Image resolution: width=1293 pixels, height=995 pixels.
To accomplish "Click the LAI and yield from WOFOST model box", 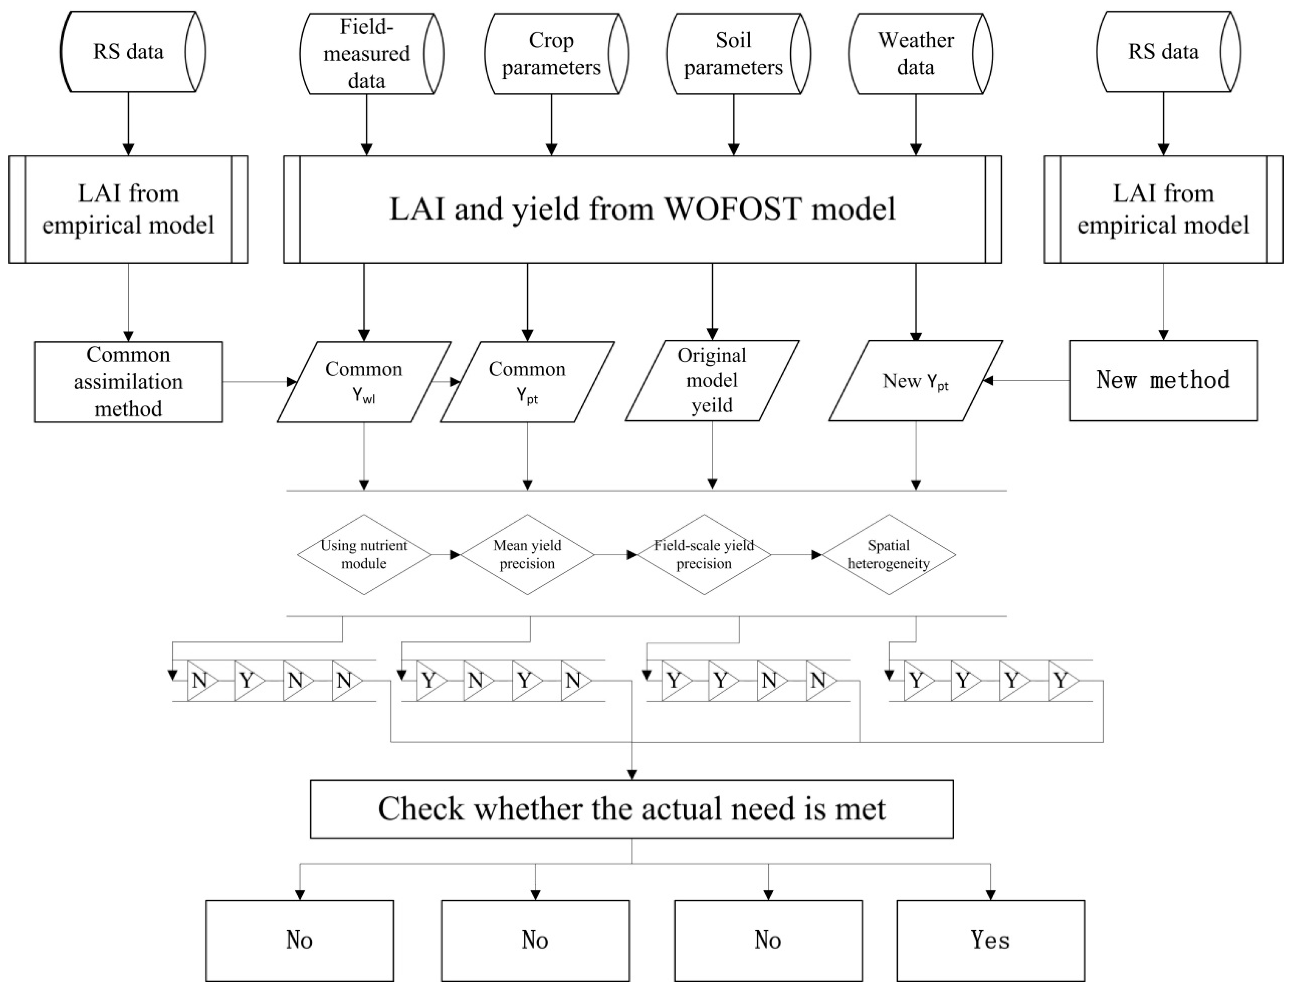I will click(x=642, y=209).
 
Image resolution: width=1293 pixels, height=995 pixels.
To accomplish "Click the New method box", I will click(x=1163, y=380).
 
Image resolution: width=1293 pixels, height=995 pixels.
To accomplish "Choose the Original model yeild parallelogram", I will click(x=712, y=380).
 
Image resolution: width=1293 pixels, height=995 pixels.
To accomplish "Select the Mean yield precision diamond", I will click(x=527, y=555).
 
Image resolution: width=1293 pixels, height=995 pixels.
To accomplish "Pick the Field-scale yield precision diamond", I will click(x=704, y=555).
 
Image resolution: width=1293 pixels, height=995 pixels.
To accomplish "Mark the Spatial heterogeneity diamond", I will click(x=888, y=555).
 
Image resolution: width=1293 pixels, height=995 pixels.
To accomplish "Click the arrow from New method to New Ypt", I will click(x=1027, y=380).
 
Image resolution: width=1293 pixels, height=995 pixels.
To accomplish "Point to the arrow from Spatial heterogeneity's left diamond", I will click(x=796, y=555).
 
